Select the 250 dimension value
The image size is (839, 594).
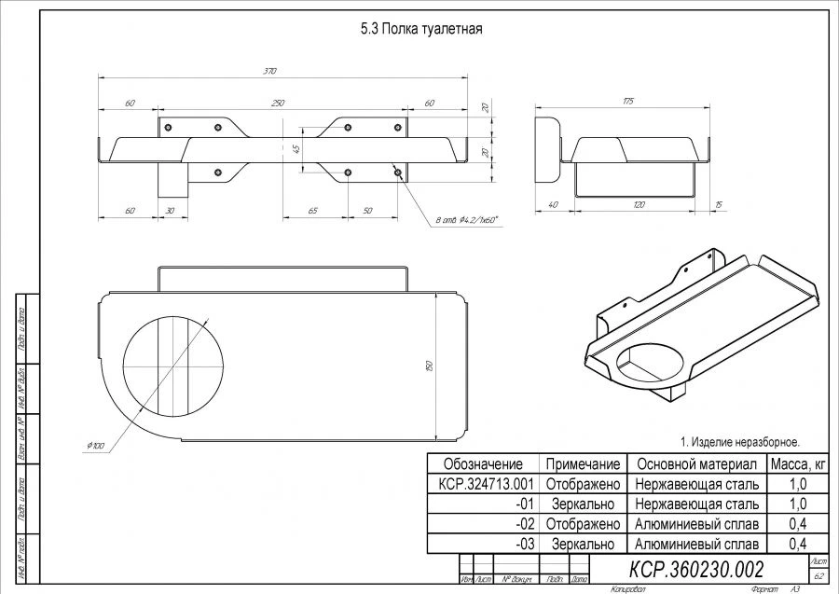(x=278, y=103)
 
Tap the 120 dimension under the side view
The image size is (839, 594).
(x=639, y=204)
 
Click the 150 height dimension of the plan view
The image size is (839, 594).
(x=429, y=366)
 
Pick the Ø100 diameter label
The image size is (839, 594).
(x=97, y=447)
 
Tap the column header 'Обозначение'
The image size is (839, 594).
(x=483, y=463)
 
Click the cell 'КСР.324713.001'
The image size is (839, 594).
(x=483, y=484)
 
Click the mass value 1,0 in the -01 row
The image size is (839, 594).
(x=797, y=504)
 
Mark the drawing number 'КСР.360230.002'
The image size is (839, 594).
(x=697, y=569)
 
